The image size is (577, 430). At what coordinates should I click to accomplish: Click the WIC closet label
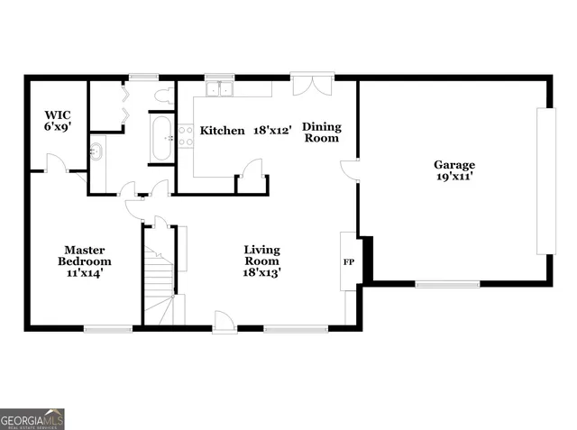click(x=58, y=114)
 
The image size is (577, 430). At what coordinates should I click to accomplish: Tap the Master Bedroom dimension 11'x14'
click(x=82, y=273)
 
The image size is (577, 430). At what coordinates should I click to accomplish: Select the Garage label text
click(x=453, y=165)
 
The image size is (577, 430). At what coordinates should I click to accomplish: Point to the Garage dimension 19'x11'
click(x=453, y=178)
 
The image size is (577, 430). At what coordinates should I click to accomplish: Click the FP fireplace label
click(x=348, y=262)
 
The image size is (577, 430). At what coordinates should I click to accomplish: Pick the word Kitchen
click(x=222, y=131)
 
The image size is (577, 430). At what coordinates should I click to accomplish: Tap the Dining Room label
click(x=320, y=132)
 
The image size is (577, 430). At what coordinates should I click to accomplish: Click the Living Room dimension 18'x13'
click(x=261, y=273)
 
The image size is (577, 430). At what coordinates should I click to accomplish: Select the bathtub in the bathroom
click(x=162, y=138)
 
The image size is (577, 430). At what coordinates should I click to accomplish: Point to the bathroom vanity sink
click(x=98, y=151)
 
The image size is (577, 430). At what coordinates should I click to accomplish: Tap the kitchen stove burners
click(x=186, y=136)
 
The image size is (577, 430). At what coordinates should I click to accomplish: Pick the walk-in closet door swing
click(x=55, y=162)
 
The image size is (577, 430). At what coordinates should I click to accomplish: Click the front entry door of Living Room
click(x=224, y=321)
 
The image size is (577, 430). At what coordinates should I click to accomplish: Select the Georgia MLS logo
click(x=32, y=418)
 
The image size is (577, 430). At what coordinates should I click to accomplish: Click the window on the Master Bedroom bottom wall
click(x=102, y=329)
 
